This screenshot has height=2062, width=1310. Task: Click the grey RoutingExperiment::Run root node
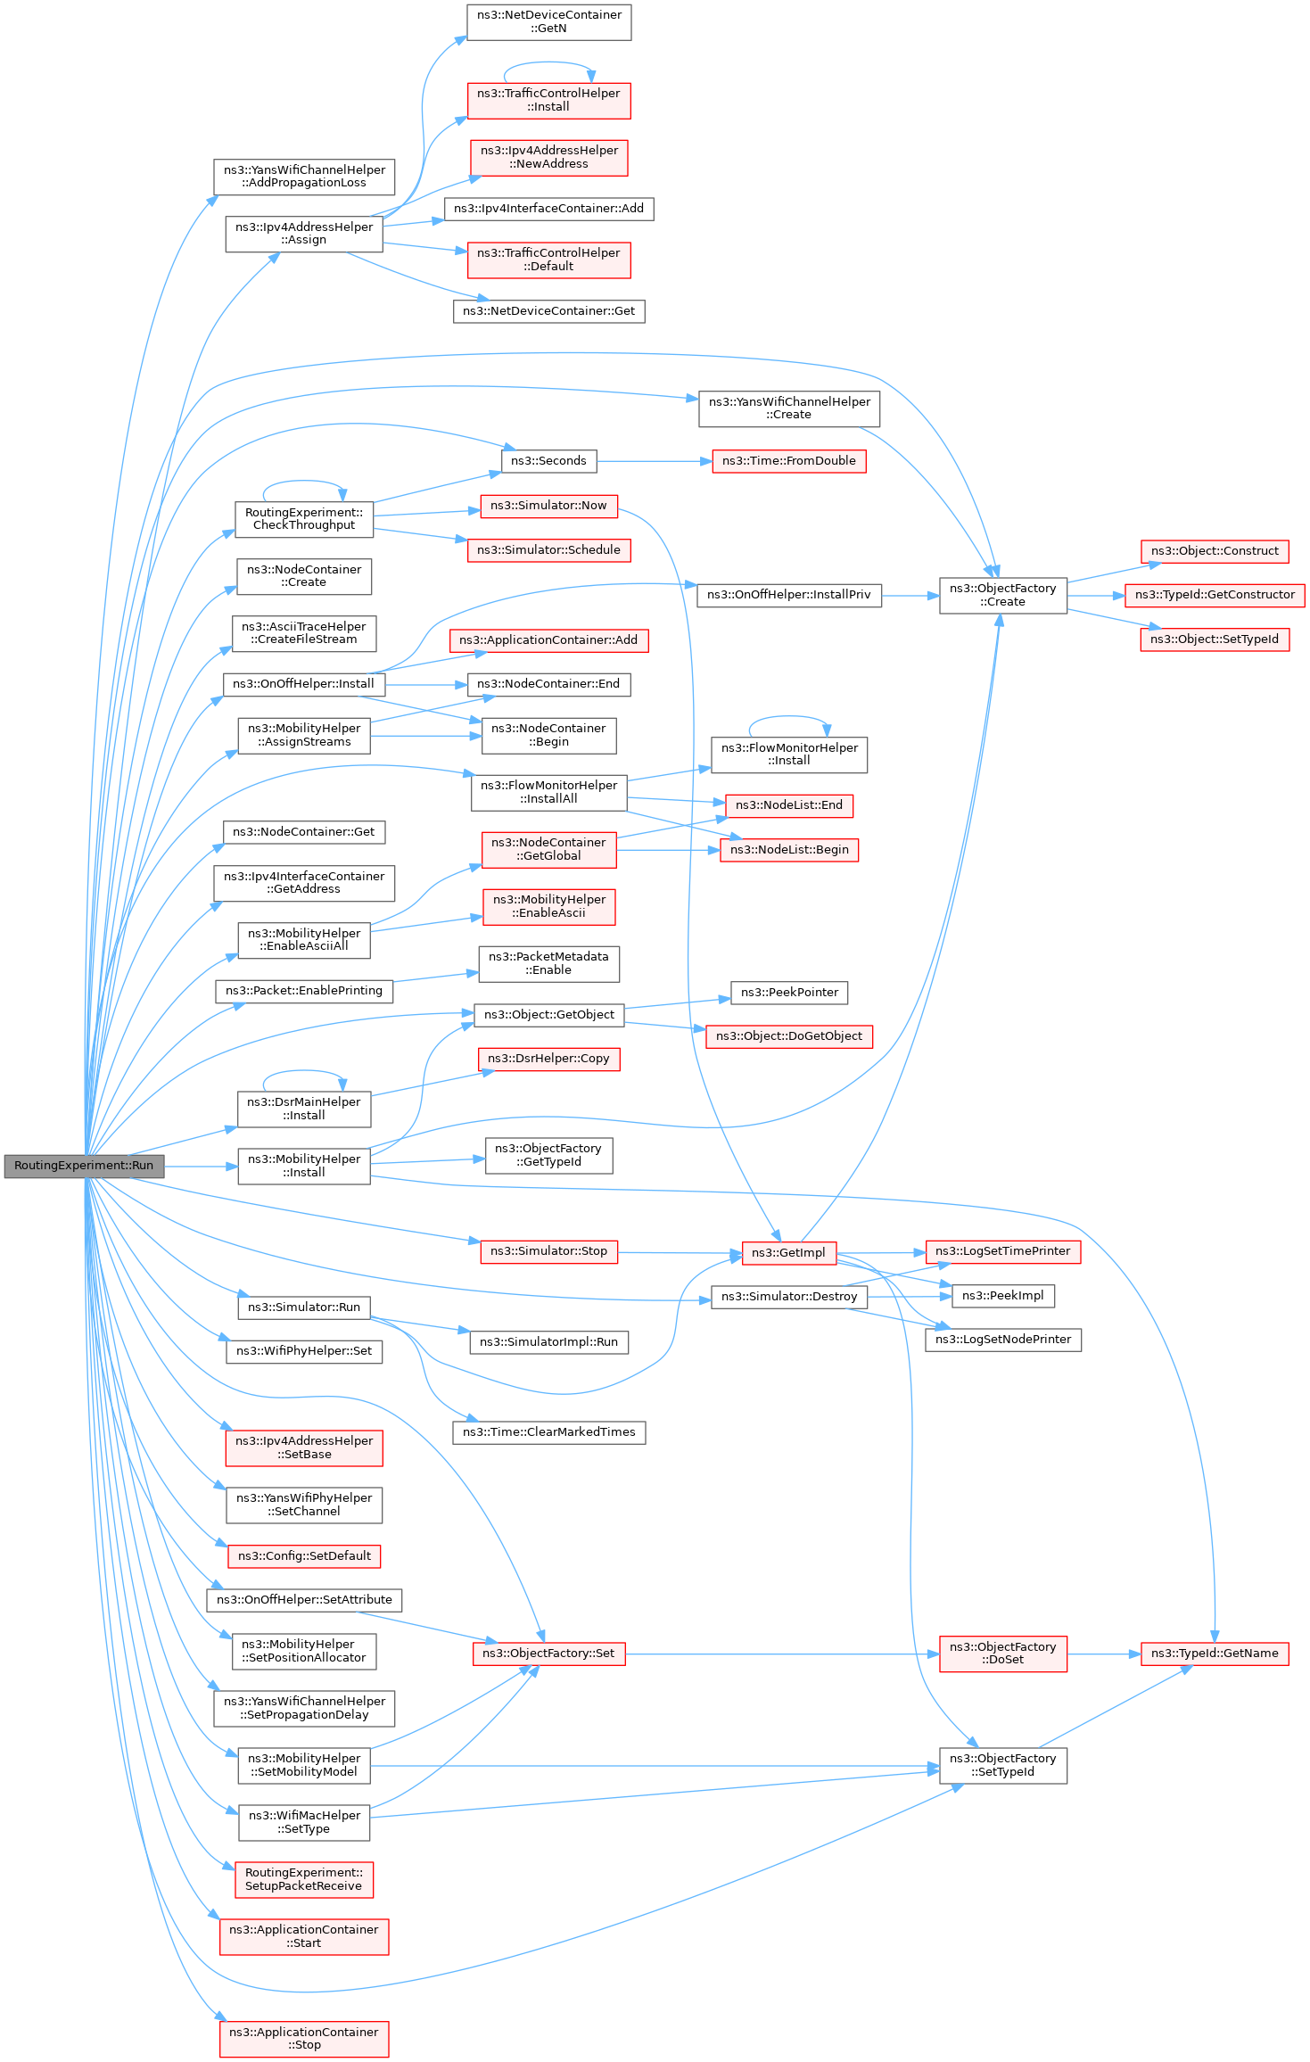pos(84,1166)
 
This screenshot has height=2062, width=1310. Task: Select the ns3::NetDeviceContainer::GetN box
pos(549,22)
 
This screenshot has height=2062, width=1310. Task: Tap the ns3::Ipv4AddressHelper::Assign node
pos(304,234)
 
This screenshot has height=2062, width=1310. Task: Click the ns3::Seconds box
pos(548,461)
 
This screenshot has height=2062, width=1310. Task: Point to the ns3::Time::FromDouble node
pos(788,461)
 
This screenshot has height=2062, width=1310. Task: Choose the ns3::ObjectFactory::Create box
pos(1002,595)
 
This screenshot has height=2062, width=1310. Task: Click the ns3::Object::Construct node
pos(1214,551)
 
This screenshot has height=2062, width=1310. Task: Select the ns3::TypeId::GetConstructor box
pos(1215,595)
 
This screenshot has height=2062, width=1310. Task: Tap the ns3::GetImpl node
pos(788,1253)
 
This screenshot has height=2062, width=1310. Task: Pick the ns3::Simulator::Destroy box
pos(788,1297)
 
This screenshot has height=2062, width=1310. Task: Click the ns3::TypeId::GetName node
pos(1214,1654)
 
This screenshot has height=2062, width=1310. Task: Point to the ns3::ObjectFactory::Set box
pos(548,1654)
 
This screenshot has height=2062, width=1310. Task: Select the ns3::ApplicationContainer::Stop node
pos(304,2039)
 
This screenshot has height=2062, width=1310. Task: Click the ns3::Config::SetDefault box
pos(304,1556)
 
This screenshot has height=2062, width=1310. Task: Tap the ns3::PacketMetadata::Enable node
pos(548,963)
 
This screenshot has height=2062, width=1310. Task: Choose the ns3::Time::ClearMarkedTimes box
pos(548,1432)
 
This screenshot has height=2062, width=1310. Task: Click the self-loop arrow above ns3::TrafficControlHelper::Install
pos(548,63)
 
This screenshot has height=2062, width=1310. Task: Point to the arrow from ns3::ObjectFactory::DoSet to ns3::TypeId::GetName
pos(1103,1654)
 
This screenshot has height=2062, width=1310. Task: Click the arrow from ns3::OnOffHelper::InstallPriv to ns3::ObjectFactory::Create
pos(910,595)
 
